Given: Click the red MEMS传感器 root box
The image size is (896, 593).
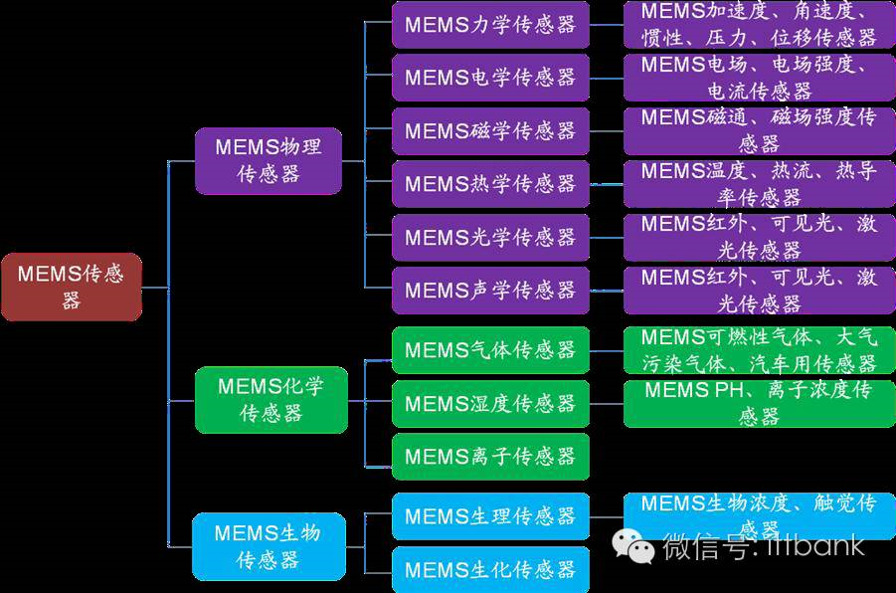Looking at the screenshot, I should tap(71, 287).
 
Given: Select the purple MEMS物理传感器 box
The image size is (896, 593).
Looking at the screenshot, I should tap(269, 160).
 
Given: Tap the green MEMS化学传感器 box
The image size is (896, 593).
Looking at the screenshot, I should tap(270, 399).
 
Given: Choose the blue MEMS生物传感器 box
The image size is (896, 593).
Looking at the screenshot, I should tap(269, 546).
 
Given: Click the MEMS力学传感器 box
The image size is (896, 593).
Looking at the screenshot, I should tap(490, 25).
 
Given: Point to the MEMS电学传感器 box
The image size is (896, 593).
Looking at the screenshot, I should tap(490, 78).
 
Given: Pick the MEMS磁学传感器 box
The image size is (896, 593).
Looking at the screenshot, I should tap(490, 131).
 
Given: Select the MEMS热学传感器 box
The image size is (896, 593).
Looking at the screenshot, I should tap(490, 184).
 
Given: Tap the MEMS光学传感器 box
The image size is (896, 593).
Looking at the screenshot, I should tap(490, 237).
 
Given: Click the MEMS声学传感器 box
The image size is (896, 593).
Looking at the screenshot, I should tap(490, 291).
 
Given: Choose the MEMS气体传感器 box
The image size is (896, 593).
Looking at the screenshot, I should tap(490, 350).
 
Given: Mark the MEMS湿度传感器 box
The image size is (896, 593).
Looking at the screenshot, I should tap(490, 403).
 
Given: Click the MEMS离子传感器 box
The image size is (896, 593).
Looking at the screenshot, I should tap(490, 457).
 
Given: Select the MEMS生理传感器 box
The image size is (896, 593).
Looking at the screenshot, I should tap(490, 516).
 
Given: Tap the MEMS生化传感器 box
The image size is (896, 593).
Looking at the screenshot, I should tap(490, 570).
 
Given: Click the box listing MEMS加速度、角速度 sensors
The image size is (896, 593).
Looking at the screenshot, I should tap(759, 25).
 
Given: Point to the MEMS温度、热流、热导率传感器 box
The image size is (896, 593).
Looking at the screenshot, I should tap(759, 184).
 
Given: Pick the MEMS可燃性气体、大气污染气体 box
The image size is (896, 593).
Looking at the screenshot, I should tap(759, 350).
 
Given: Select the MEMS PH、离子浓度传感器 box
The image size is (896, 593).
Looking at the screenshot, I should tap(759, 403).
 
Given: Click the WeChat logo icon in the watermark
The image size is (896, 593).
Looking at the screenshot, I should tap(632, 545).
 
